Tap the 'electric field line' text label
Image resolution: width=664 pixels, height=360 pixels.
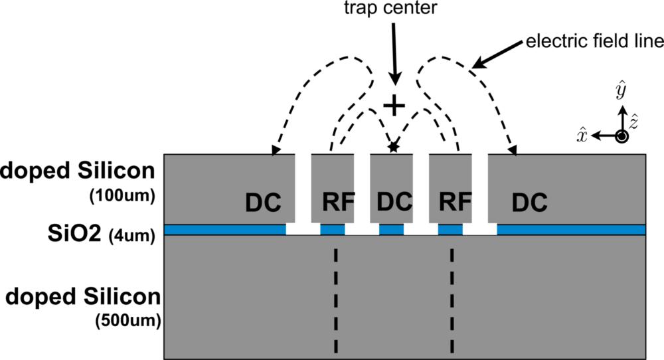594,42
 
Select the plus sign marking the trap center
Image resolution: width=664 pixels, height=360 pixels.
395,105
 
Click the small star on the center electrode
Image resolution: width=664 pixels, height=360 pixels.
394,147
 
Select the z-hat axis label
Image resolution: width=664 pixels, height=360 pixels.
635,121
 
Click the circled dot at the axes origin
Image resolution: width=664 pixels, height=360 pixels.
622,136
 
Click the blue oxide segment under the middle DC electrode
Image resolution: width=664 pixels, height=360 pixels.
392,230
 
